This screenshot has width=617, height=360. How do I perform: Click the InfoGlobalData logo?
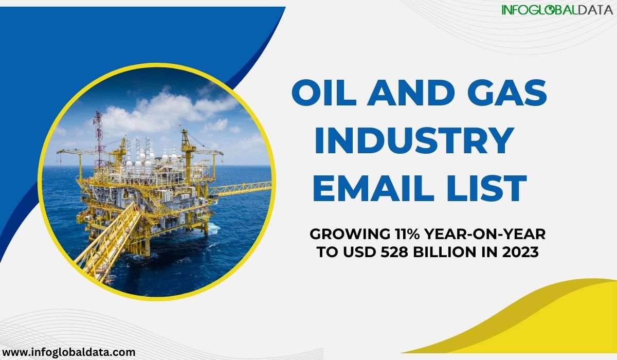click(557, 10)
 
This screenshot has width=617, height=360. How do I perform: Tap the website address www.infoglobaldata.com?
click(68, 352)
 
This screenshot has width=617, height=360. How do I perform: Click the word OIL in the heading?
click(324, 93)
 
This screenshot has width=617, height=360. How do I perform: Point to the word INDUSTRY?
click(414, 140)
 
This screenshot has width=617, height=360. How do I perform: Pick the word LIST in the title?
click(487, 188)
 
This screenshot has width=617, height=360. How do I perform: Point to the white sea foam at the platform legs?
click(213, 229)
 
